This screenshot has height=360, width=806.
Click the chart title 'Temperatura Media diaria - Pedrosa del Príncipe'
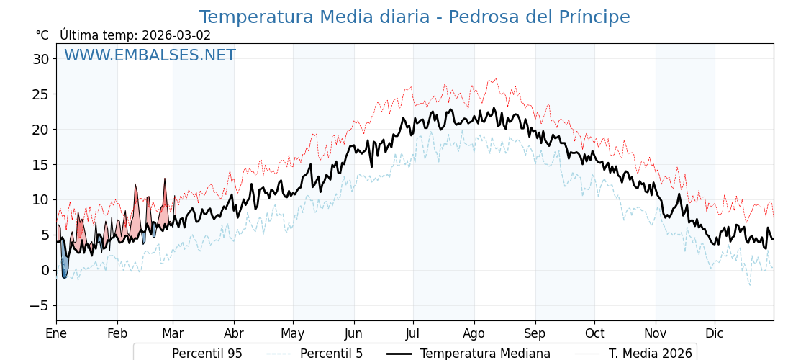414,17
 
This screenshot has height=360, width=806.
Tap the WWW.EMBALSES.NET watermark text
150,55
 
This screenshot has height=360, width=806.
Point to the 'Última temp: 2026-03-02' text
135,35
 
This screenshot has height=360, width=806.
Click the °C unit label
42,35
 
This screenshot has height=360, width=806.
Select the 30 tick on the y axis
40,59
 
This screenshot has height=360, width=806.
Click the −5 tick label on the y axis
39,305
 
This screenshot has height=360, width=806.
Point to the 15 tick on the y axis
40,164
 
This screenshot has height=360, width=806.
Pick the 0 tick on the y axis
45,270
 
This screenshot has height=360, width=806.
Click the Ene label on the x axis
56,333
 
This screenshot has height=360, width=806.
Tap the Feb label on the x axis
117,333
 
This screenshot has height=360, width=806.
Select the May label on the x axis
293,333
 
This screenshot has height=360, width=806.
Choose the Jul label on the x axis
413,333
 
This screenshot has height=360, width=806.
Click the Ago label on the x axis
474,333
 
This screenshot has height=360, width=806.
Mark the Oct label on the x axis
594,333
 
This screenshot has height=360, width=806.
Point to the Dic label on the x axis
715,333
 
